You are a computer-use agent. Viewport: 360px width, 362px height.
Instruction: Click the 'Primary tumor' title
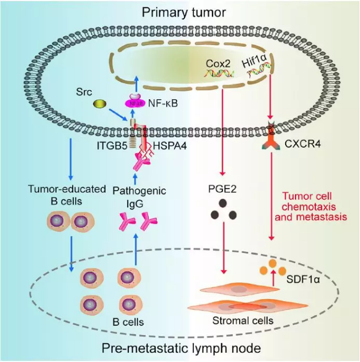[180, 12]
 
